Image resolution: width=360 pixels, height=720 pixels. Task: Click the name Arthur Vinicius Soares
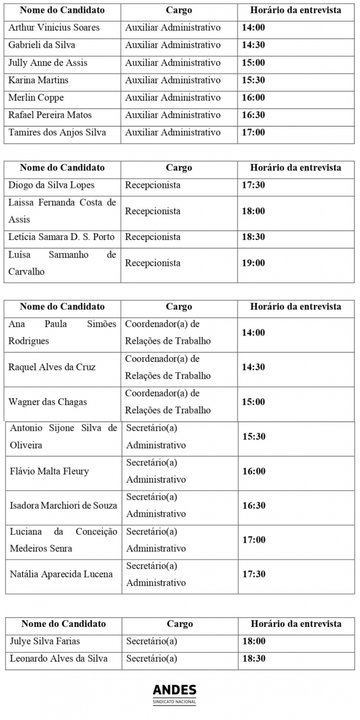tap(54, 28)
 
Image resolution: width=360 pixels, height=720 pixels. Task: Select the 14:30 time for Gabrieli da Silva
tap(253, 45)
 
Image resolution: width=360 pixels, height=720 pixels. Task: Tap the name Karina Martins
tap(38, 80)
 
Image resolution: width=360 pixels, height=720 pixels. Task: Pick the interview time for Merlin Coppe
tap(253, 97)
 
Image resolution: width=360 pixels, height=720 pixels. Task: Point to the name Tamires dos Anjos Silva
tap(57, 132)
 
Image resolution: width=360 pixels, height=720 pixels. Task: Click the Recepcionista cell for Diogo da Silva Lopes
tap(152, 185)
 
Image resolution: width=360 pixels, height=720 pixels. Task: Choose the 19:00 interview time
tap(253, 263)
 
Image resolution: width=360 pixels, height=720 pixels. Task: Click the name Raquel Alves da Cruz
tap(52, 367)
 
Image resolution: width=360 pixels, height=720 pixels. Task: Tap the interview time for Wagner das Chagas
tap(253, 401)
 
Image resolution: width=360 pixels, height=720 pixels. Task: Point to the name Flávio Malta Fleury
tap(49, 471)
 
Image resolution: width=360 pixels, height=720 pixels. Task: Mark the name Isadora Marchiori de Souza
tap(64, 506)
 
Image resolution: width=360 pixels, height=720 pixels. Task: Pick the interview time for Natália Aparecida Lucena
tap(253, 574)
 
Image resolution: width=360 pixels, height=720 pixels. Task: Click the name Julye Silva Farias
tap(45, 641)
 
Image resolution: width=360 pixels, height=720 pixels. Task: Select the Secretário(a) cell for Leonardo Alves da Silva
tap(152, 658)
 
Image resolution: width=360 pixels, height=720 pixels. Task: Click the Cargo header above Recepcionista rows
tap(179, 167)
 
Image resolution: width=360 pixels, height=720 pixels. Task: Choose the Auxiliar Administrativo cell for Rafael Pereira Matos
tap(173, 115)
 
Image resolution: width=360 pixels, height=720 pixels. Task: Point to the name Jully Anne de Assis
tap(48, 62)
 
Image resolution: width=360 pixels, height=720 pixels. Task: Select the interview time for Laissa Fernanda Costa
tap(253, 211)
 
